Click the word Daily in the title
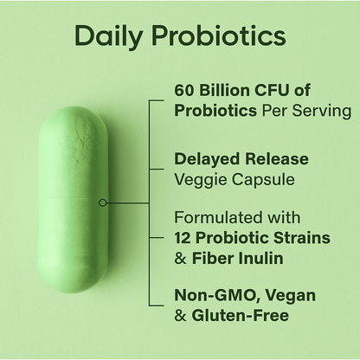pyautogui.click(x=108, y=36)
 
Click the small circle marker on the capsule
pyautogui.click(x=103, y=202)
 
